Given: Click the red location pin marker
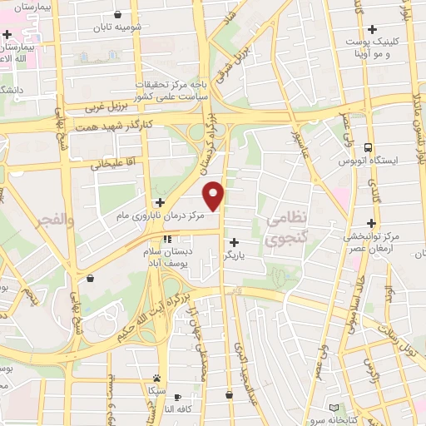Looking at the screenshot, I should [215, 194].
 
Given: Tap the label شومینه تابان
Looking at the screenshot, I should [118, 27].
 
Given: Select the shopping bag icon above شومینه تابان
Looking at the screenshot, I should [117, 14].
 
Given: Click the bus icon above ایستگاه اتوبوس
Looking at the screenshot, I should [369, 146].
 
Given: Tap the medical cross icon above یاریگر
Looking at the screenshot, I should [234, 241].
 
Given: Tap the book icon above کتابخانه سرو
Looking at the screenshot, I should [334, 408].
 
